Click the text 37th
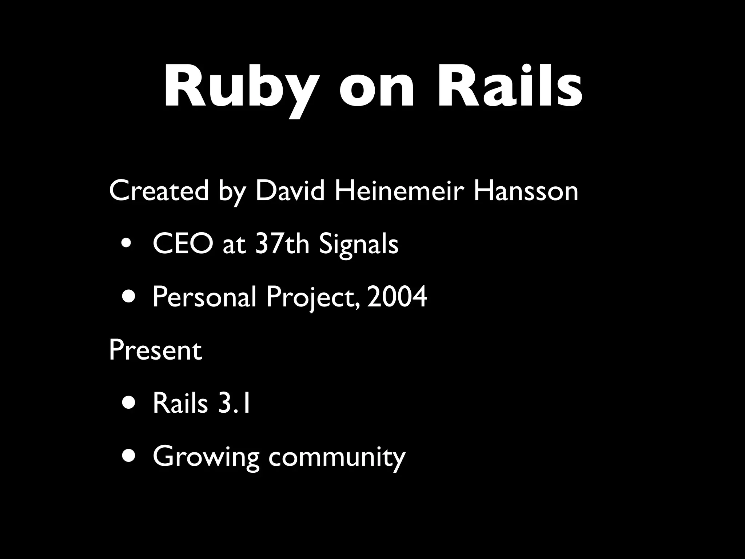pos(282,244)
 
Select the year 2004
pos(397,297)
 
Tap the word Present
pos(155,350)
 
